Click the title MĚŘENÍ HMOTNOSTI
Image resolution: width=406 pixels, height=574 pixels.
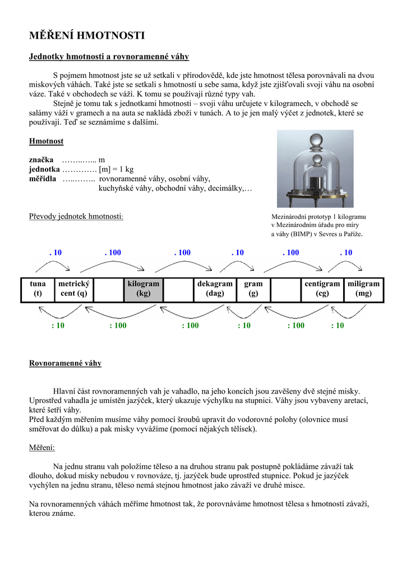[87, 36]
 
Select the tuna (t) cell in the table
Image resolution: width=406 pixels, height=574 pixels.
[38, 289]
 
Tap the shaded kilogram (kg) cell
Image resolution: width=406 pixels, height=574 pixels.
[143, 289]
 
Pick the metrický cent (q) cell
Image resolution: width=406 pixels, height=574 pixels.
[73, 289]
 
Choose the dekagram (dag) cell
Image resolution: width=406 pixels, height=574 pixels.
[214, 289]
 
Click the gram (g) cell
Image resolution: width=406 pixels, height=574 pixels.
[253, 289]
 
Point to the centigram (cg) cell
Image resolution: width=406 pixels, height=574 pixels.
[322, 289]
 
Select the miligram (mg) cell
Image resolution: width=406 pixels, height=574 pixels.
[363, 289]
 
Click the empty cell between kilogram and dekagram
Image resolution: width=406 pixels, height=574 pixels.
[179, 289]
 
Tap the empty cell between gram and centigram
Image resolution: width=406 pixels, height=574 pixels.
[285, 289]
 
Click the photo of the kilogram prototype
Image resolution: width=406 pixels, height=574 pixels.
[315, 169]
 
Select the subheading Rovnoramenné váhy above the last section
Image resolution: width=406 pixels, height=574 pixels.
[65, 363]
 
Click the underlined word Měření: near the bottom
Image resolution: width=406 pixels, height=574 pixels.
[42, 447]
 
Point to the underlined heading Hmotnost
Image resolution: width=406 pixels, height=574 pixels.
[46, 141]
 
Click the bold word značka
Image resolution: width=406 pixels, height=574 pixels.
[41, 160]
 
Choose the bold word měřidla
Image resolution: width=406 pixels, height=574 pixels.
[43, 179]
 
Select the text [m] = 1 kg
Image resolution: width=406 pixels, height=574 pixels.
[116, 169]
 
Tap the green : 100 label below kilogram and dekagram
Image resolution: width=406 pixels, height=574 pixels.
[190, 326]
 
